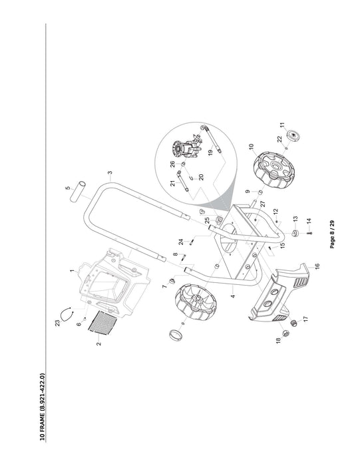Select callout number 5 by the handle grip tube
[x=68, y=188]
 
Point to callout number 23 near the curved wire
[x=58, y=324]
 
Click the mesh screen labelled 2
[x=102, y=322]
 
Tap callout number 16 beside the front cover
[x=317, y=266]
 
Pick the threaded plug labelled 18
[x=285, y=333]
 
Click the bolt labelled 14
[x=309, y=233]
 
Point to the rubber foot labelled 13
[x=295, y=233]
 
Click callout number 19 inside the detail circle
[x=210, y=153]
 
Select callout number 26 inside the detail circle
[x=172, y=164]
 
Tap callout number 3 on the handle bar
[x=110, y=172]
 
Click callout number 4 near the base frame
[x=233, y=296]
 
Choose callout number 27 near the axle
[x=263, y=204]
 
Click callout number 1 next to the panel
[x=71, y=271]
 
